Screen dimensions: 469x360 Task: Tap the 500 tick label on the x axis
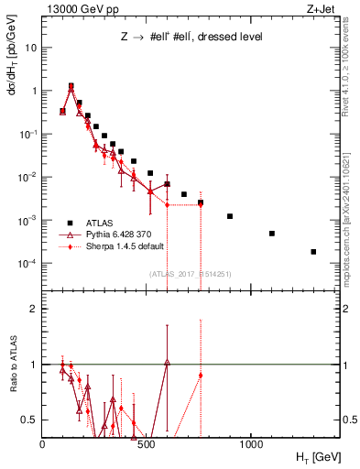click(x=147, y=444)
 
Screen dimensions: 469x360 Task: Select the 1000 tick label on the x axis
click(x=251, y=444)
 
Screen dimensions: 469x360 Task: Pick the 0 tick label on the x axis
click(x=42, y=444)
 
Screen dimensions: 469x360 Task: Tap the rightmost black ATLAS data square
click(x=313, y=252)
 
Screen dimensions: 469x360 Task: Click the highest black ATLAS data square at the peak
click(x=71, y=86)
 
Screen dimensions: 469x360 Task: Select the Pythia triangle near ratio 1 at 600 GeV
click(x=168, y=363)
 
